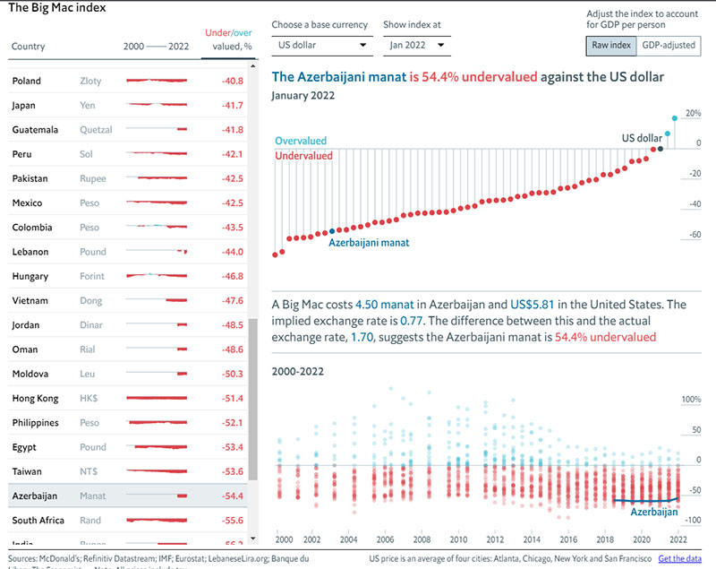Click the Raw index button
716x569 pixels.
(611, 45)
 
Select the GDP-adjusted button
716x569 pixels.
(668, 45)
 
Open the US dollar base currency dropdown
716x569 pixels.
(322, 44)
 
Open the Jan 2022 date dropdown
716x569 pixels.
(415, 44)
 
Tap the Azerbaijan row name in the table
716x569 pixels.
(35, 495)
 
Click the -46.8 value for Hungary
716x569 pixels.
(232, 276)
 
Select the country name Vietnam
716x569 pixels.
(31, 300)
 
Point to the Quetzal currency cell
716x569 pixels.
(96, 130)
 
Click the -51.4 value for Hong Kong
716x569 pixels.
(232, 398)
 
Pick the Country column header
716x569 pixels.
(29, 47)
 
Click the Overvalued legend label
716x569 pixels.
(301, 141)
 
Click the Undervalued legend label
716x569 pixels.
(303, 156)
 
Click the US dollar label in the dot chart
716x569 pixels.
(642, 137)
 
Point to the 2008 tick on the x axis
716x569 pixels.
(421, 539)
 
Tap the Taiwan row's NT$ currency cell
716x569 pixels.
(89, 470)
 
